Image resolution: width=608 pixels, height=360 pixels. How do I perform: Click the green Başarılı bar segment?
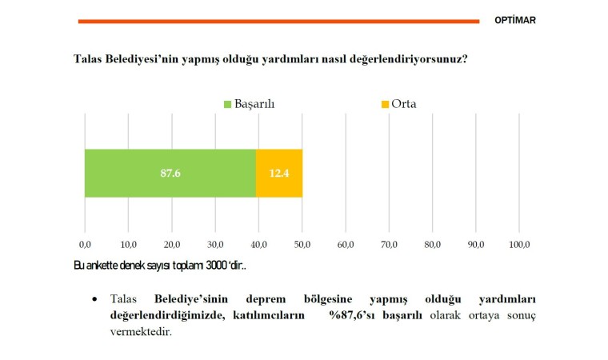(170, 173)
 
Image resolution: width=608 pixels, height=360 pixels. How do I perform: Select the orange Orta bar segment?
(279, 173)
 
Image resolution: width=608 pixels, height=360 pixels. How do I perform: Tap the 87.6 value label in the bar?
(170, 173)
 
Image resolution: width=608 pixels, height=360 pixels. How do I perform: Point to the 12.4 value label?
(279, 173)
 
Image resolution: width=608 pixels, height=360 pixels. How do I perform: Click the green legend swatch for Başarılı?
(227, 105)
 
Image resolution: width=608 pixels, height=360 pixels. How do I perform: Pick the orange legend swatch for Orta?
(384, 105)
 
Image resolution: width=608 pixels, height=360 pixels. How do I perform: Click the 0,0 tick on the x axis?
(85, 243)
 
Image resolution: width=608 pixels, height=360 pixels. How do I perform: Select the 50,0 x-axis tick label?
(302, 243)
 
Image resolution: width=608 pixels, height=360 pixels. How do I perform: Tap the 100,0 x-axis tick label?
(518, 243)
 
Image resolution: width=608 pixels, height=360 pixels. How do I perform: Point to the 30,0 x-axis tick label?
(215, 243)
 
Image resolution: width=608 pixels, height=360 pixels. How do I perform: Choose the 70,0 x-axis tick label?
(389, 243)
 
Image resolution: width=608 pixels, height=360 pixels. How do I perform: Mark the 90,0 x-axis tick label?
(476, 243)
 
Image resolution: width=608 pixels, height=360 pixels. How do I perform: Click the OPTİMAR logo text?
(515, 21)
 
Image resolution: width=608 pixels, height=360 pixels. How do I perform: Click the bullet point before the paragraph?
(94, 299)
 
